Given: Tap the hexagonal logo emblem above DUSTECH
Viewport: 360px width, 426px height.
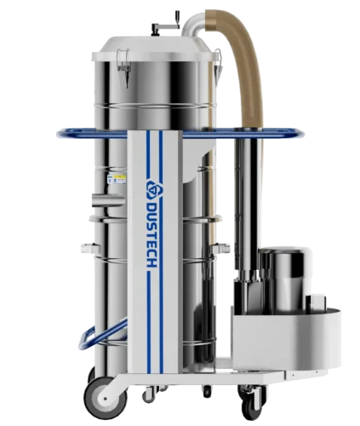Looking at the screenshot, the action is (153, 187).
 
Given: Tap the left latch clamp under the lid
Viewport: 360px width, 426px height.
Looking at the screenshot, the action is (123, 66).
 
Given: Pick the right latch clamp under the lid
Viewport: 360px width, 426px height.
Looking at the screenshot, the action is (218, 66).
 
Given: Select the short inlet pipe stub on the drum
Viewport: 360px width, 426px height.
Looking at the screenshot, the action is (108, 199).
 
